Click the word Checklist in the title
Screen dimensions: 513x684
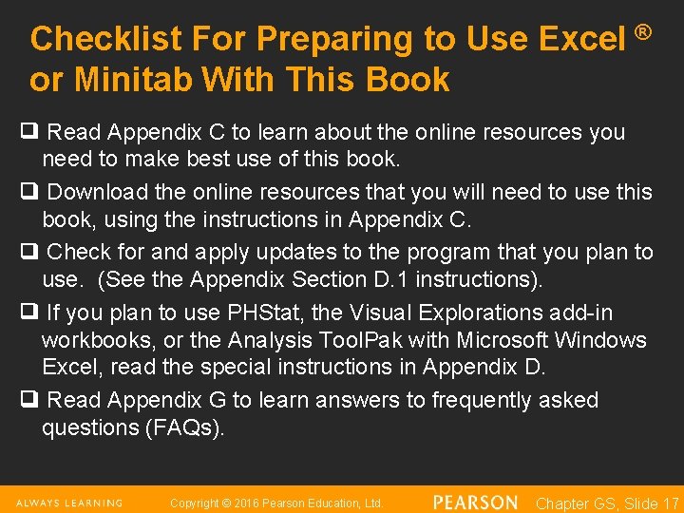[105, 39]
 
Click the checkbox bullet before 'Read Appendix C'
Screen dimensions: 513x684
[33, 131]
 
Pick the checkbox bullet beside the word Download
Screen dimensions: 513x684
[33, 191]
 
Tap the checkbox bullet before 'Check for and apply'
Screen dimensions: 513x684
[33, 252]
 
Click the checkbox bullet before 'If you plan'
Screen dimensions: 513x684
[33, 312]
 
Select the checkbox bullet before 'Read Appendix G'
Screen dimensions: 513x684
[33, 400]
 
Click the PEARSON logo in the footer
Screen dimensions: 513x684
[475, 502]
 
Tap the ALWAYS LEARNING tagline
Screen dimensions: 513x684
[69, 503]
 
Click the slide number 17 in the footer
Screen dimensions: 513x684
[670, 503]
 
